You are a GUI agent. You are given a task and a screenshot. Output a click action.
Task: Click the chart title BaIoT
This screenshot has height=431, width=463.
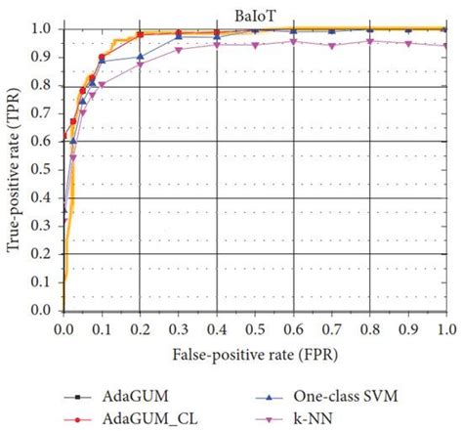tap(253, 12)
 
